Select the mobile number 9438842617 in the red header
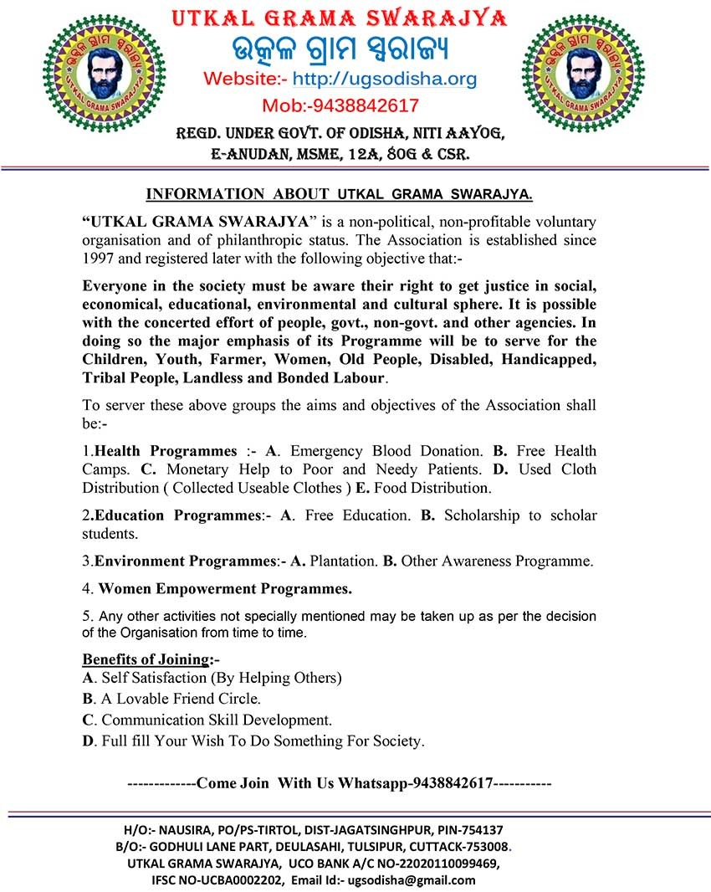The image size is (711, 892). pos(364,106)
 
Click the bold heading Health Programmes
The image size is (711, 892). pos(166,451)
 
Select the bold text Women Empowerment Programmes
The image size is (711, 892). pos(225,587)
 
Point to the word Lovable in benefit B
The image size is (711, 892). pos(155,698)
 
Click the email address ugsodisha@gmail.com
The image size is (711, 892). pos(411,880)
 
